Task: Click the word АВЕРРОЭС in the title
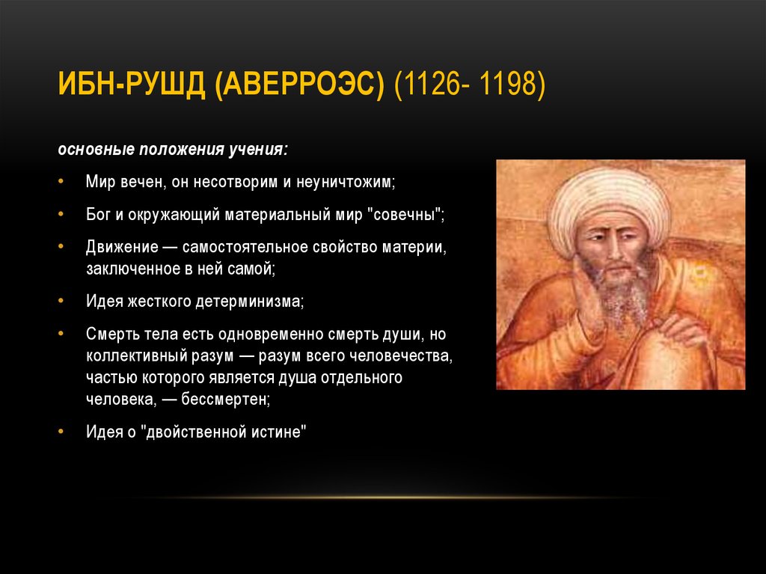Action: (300, 85)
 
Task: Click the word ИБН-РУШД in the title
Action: (132, 85)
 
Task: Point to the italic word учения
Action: (259, 150)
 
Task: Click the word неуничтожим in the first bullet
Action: (346, 182)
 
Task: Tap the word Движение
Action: (122, 248)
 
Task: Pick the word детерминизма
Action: (249, 301)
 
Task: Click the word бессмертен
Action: (225, 400)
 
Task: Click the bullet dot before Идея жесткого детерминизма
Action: (61, 300)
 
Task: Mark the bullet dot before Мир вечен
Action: (61, 181)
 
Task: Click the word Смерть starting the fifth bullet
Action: (112, 334)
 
